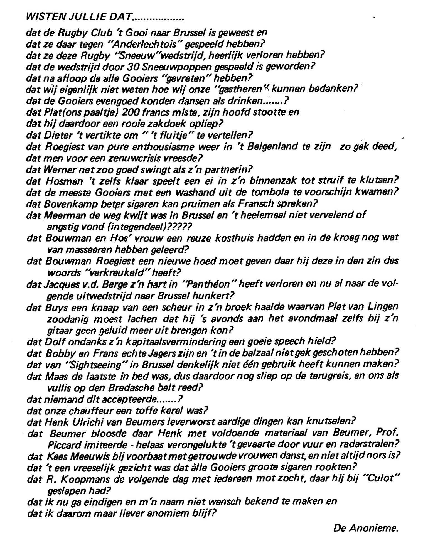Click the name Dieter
pyautogui.click(x=58, y=135)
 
